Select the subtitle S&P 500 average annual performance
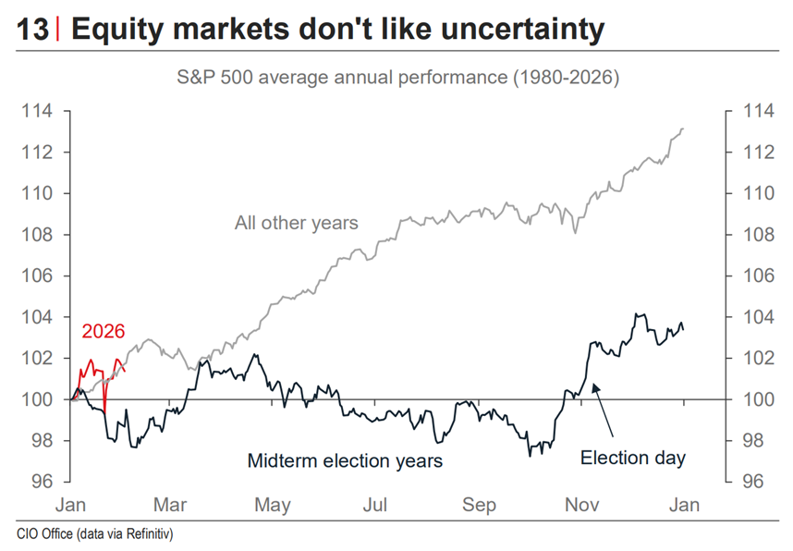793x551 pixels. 397,78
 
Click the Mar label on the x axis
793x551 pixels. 171,506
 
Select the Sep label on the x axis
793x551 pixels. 479,506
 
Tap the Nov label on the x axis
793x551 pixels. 581,506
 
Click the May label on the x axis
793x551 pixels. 273,506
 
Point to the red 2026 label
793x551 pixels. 103,332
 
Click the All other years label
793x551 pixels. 296,223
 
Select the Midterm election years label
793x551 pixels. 345,459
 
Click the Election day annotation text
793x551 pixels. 633,457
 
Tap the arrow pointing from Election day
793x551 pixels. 604,411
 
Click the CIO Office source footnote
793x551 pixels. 95,534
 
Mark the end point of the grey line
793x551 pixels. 682,129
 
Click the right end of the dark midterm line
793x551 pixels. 684,329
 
